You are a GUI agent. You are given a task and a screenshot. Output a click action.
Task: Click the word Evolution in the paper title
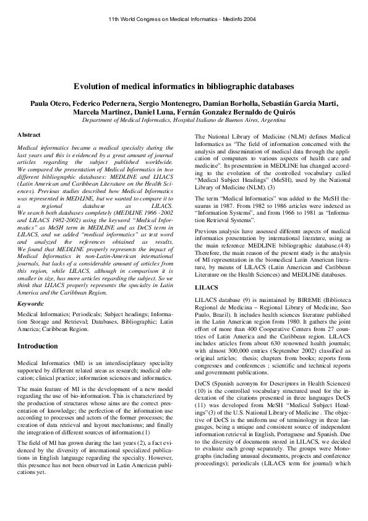click(93, 87)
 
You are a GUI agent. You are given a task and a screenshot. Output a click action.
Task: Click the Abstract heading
click(29, 134)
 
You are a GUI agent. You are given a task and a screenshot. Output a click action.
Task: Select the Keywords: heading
click(31, 304)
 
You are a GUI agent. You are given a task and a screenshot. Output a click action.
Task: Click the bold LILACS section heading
click(206, 288)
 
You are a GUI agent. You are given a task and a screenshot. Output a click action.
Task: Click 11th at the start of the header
click(114, 20)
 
